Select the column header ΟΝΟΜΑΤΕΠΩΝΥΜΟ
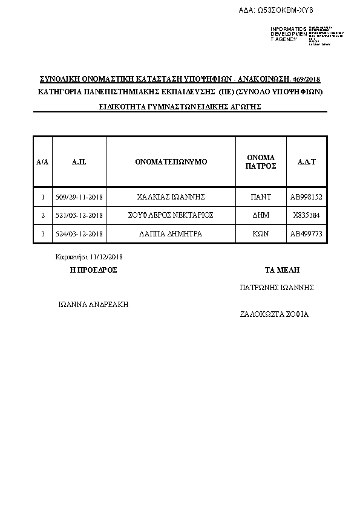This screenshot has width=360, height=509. coord(171,162)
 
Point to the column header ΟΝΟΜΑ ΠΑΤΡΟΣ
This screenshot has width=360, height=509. coord(261,161)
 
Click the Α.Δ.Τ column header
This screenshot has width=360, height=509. coord(307,162)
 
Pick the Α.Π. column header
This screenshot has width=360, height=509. coord(79,162)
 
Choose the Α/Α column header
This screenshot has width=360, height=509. coord(42,162)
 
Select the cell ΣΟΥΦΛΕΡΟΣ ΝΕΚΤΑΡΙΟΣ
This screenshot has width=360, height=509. coord(171,215)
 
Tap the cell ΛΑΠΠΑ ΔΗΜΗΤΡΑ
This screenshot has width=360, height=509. coord(171,233)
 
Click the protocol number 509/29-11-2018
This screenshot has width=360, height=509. coord(79,197)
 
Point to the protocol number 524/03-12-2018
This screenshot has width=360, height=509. coord(79,233)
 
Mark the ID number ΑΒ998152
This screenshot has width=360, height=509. coord(307,197)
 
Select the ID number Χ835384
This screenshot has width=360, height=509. coord(307,215)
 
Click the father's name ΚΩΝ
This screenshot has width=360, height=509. coord(261,233)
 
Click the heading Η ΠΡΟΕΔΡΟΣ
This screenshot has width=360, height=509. coord(94,270)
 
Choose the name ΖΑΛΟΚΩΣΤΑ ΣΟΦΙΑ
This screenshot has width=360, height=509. coord(275,314)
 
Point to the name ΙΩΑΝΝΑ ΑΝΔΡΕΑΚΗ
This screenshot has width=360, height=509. coord(93,304)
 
